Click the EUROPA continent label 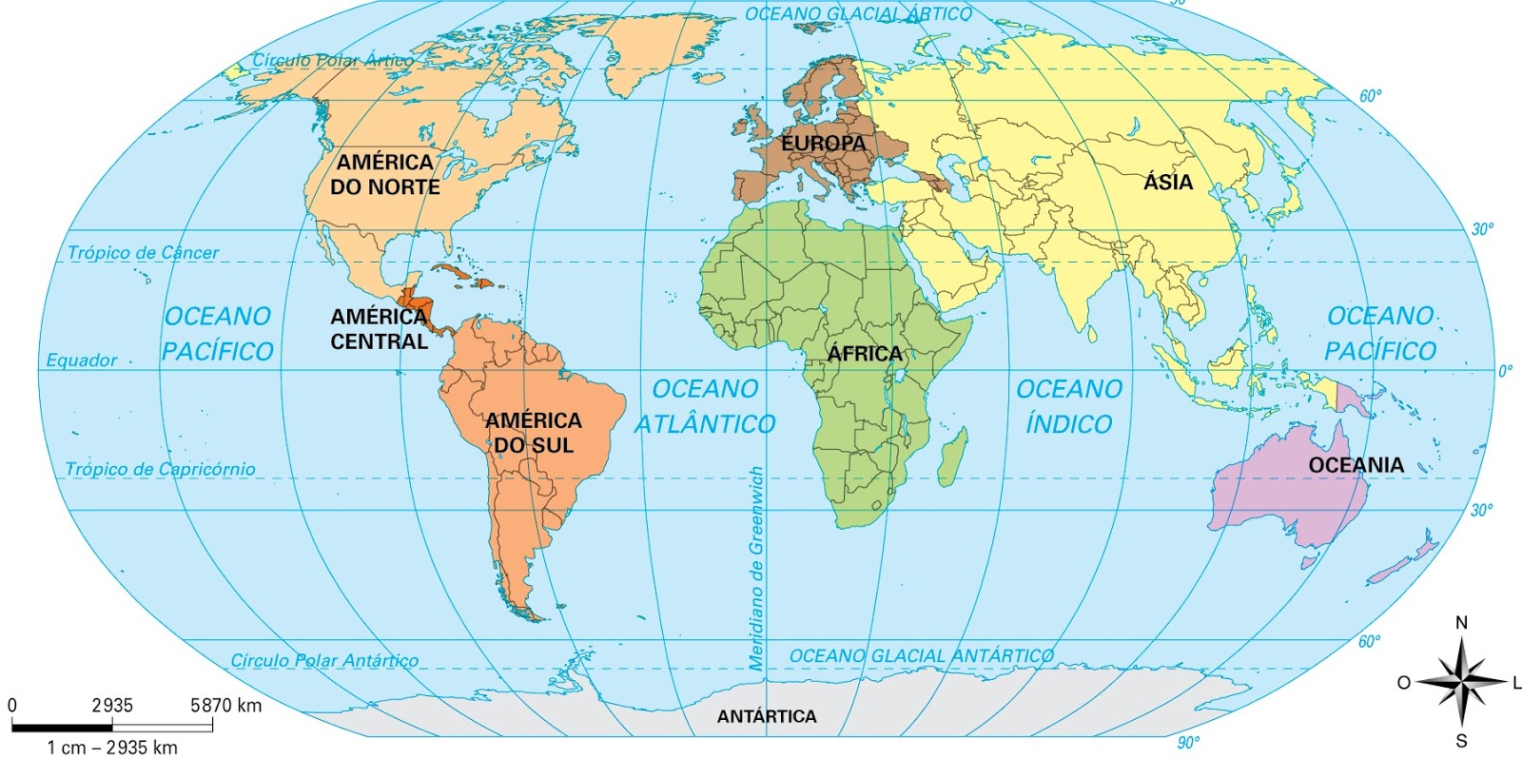(x=824, y=144)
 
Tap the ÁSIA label (x=1167, y=182)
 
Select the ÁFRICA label (x=864, y=354)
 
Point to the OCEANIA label (x=1356, y=465)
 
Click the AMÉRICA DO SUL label (x=533, y=433)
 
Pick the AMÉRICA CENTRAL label (x=379, y=329)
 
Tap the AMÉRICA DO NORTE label (x=384, y=175)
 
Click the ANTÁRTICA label (x=767, y=716)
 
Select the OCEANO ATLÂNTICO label (x=705, y=406)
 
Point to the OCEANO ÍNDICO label (x=1069, y=406)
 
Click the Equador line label (x=82, y=360)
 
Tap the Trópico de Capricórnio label (x=160, y=469)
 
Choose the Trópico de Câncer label (x=143, y=253)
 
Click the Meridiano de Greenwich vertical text (x=756, y=569)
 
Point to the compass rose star (x=1461, y=682)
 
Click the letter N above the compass (x=1461, y=623)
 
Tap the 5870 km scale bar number (x=225, y=706)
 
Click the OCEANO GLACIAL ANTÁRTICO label (x=921, y=656)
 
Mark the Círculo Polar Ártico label (x=332, y=60)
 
